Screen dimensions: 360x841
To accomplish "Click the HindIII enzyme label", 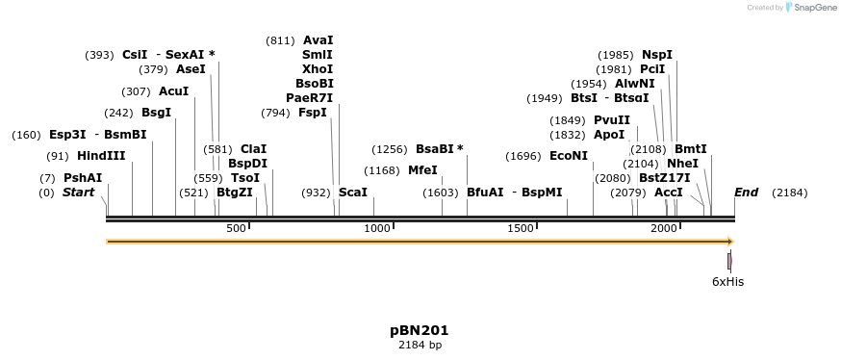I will click(101, 156).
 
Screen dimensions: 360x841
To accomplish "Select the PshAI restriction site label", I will click(83, 178).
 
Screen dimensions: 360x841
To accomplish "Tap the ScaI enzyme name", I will click(353, 193).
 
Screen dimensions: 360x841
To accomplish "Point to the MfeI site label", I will click(422, 170).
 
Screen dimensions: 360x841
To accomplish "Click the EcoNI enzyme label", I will click(568, 156).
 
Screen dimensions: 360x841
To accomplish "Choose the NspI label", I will click(657, 55).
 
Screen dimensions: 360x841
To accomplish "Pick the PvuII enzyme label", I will click(612, 120).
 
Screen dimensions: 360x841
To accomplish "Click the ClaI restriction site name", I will click(253, 149).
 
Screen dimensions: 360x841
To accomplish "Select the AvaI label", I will click(318, 40).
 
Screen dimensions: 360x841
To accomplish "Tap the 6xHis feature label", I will click(727, 282).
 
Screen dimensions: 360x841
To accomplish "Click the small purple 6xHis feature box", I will click(729, 261).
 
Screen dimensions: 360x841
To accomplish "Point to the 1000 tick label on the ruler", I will click(376, 228).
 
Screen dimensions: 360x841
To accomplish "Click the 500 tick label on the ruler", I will click(236, 228).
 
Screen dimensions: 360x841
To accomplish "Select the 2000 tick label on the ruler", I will click(663, 228).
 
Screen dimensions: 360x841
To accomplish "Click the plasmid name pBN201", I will click(420, 330).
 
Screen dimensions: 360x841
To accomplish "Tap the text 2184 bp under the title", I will click(420, 345).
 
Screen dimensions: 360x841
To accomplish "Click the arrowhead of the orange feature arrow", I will click(729, 242).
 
